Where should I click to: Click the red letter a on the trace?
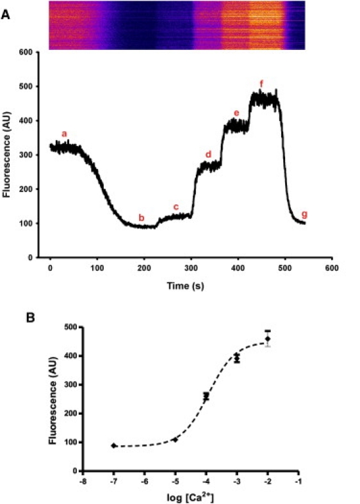64,134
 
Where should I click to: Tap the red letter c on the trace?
176,206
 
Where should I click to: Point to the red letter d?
208,154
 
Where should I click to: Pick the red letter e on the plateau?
236,113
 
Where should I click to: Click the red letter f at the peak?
261,83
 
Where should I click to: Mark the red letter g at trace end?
304,213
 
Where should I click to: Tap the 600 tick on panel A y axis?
26,53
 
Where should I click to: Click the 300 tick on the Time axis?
191,266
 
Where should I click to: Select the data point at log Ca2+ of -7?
113,445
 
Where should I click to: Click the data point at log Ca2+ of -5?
175,440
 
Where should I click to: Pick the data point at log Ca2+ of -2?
268,339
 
